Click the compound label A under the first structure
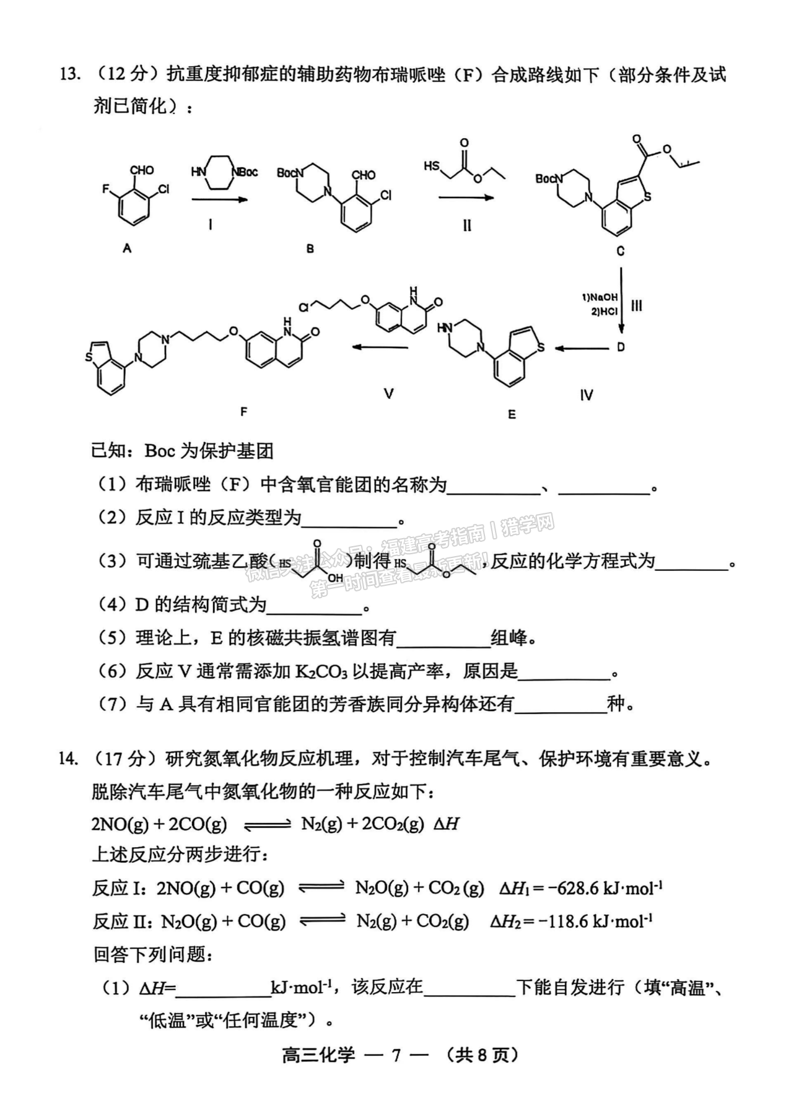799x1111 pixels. tap(127, 248)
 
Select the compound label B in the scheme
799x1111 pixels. tap(310, 248)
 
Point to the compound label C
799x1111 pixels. tap(620, 250)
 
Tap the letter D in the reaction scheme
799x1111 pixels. tap(621, 347)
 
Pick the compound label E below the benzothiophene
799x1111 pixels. tap(512, 414)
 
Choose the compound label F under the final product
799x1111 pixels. tap(243, 411)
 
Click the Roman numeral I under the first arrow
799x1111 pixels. tap(210, 225)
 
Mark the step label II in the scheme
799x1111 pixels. tap(466, 225)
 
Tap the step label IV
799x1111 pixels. tap(586, 394)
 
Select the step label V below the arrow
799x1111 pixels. tap(388, 393)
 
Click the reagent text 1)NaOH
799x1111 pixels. tap(599, 297)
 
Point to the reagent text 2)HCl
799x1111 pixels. tap(604, 311)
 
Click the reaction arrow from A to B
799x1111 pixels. tap(219, 199)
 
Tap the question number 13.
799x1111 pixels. tap(69, 75)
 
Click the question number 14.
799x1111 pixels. tap(69, 758)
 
